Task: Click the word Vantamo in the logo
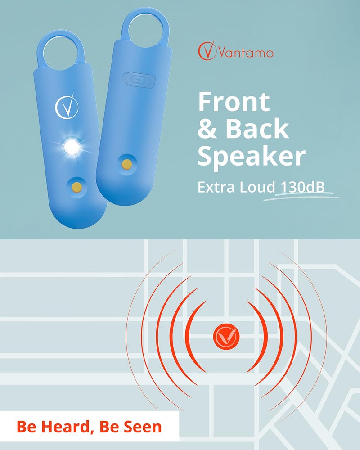[x=246, y=53]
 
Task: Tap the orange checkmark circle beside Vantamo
[x=207, y=51]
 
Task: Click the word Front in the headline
[x=234, y=102]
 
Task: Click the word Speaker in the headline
[x=251, y=156]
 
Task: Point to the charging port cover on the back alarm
[x=131, y=77]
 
